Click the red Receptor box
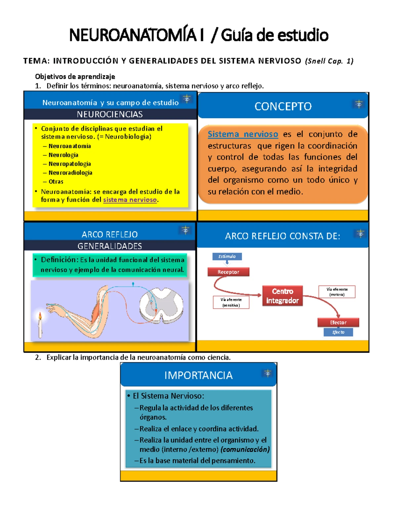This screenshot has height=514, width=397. (x=228, y=272)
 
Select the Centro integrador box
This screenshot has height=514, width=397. (x=283, y=296)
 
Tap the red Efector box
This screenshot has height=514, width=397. (x=338, y=322)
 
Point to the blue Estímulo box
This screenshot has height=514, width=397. (x=227, y=257)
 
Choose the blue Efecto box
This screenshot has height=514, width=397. (x=338, y=332)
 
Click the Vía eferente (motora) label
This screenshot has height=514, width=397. (x=337, y=292)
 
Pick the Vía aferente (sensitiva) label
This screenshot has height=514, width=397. (x=231, y=302)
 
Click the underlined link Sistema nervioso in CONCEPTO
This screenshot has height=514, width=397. (x=243, y=134)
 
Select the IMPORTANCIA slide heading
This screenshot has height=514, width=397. (x=198, y=375)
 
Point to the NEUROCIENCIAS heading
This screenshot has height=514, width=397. (x=110, y=114)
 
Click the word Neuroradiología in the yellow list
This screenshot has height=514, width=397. (x=70, y=173)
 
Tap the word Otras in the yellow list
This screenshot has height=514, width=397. (x=56, y=182)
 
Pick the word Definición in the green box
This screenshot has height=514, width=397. (x=59, y=260)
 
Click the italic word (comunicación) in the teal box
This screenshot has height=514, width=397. (x=245, y=449)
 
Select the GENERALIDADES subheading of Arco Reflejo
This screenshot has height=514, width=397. (x=110, y=246)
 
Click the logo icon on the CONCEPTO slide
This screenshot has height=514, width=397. (x=359, y=104)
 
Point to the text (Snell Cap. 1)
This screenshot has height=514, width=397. (x=329, y=61)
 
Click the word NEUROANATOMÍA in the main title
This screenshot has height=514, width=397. (x=133, y=35)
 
